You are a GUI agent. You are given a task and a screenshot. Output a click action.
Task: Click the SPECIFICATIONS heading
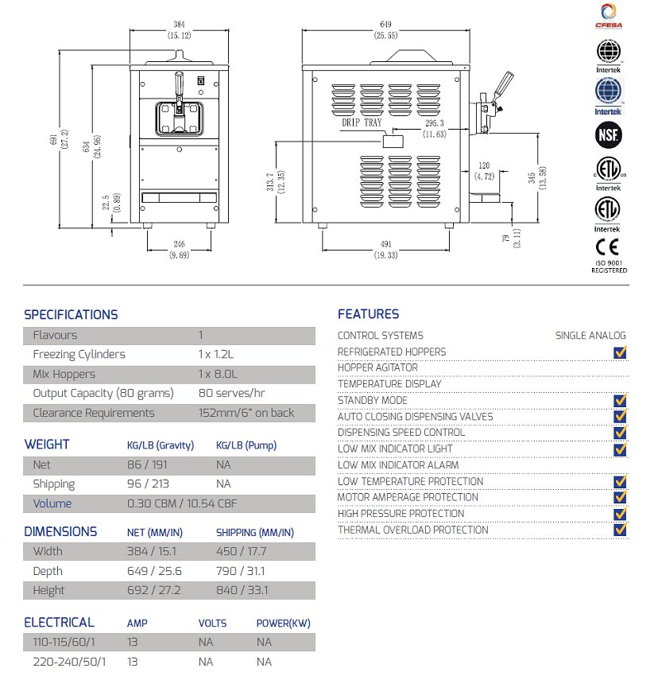pos(71,314)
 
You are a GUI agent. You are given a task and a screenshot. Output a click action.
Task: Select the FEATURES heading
pos(368,314)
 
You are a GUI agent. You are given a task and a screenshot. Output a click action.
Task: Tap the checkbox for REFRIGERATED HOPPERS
pos(621,352)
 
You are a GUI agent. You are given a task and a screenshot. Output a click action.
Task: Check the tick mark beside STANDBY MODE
pos(621,400)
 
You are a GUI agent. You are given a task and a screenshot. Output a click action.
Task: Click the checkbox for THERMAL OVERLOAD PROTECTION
pos(621,530)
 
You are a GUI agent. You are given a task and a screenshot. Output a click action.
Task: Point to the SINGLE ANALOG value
pos(590,336)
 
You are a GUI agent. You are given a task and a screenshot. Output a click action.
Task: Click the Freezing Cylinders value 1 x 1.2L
pos(218,355)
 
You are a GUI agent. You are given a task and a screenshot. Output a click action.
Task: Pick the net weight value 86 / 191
pos(145,464)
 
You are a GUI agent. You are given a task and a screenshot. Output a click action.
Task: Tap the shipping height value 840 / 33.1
pos(242,590)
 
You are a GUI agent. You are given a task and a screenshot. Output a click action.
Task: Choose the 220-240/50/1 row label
pos(70,662)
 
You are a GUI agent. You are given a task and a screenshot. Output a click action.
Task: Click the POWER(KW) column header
pos(276,624)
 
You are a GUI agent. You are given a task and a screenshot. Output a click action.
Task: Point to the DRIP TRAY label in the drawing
pos(362,123)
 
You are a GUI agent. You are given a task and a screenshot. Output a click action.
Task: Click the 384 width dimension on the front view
pos(176,24)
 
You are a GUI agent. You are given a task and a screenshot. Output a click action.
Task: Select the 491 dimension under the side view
pos(385,245)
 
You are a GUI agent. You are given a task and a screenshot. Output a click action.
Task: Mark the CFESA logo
pos(609,16)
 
